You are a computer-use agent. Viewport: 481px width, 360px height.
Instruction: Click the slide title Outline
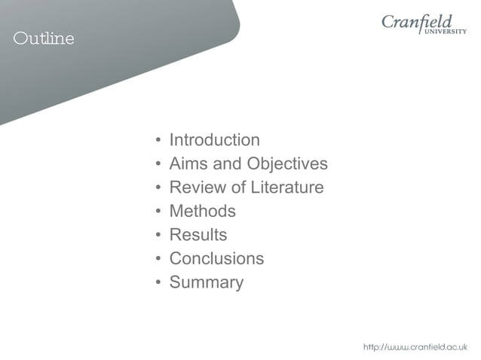click(44, 39)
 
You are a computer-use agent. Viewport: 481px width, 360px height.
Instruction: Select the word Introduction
click(214, 140)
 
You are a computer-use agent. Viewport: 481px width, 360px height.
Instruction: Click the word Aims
click(188, 163)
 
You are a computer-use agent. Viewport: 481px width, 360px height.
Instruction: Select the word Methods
click(202, 211)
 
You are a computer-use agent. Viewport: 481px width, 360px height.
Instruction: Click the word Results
click(198, 235)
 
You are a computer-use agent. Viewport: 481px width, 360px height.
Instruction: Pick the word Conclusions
click(216, 258)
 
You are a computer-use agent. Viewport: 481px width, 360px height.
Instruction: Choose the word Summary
click(206, 282)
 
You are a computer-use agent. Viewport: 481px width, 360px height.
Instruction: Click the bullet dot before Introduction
click(158, 141)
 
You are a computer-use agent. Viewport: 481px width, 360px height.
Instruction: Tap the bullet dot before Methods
click(158, 212)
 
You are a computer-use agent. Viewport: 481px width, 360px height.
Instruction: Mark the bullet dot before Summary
click(158, 283)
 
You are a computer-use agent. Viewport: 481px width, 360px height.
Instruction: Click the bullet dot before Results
click(158, 236)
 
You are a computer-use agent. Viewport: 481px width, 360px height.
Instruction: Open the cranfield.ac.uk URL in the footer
click(415, 346)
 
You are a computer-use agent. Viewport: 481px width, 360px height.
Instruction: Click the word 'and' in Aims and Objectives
click(227, 163)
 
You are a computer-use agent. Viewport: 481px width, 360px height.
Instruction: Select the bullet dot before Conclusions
click(158, 259)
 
